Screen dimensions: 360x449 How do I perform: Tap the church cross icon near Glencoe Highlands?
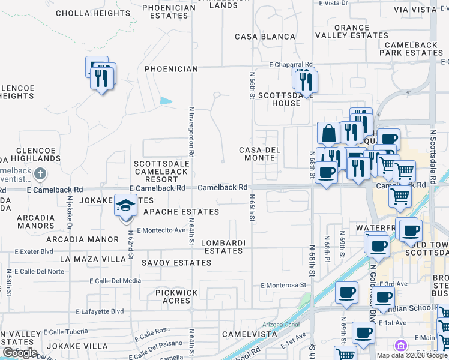click(40, 175)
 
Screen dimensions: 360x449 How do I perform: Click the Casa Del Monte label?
click(257, 154)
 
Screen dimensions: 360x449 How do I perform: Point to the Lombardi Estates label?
click(223, 247)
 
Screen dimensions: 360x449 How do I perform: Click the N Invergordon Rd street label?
click(191, 132)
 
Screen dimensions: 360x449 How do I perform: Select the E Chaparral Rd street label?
click(291, 64)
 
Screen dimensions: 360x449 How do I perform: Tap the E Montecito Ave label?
click(161, 230)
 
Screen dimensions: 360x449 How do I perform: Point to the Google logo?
click(19, 353)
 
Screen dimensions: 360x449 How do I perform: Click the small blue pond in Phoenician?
click(166, 101)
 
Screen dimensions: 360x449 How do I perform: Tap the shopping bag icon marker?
click(329, 133)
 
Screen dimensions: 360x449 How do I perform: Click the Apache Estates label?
click(181, 212)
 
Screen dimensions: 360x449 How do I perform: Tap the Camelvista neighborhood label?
click(244, 334)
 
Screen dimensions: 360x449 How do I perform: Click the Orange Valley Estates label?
click(353, 31)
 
